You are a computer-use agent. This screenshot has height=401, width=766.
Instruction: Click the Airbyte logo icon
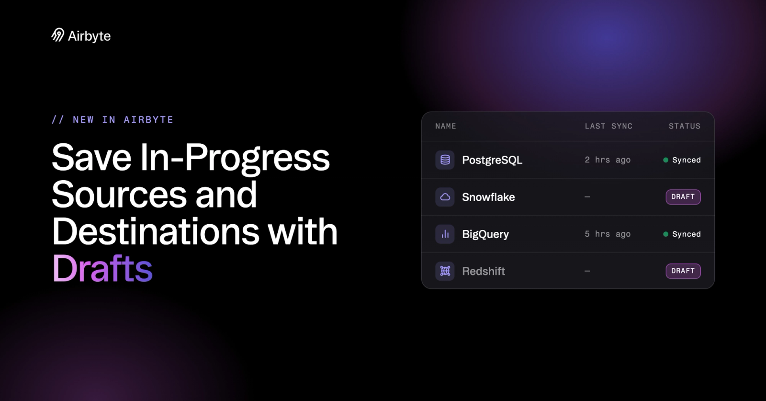click(58, 35)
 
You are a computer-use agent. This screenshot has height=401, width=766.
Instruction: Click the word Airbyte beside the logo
click(89, 36)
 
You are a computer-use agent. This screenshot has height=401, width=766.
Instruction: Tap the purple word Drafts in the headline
click(102, 269)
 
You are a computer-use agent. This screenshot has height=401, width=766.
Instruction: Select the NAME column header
click(446, 126)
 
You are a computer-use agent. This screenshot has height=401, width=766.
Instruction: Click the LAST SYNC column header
click(608, 126)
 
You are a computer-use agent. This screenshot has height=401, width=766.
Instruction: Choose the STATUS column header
click(685, 126)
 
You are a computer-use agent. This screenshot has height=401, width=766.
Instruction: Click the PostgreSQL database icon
click(445, 160)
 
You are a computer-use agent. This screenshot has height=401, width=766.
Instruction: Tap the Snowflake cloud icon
click(445, 197)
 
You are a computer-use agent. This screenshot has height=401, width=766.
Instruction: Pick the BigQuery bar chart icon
click(445, 234)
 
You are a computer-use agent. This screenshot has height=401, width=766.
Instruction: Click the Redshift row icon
click(445, 271)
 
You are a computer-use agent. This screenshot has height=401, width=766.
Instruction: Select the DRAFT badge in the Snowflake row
click(683, 197)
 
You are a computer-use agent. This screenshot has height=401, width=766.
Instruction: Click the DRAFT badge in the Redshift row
click(683, 271)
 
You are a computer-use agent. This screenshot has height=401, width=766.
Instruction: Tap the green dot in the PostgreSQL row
click(666, 160)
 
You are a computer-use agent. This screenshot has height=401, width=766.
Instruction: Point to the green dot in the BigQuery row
click(666, 234)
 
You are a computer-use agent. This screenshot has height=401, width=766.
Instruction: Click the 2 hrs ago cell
click(608, 160)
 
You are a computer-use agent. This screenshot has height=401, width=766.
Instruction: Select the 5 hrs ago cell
click(608, 234)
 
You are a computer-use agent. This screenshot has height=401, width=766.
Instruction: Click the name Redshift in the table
click(484, 271)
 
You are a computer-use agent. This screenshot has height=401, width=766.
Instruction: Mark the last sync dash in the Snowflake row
click(587, 197)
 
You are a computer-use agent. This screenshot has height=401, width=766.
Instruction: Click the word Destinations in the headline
click(156, 231)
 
